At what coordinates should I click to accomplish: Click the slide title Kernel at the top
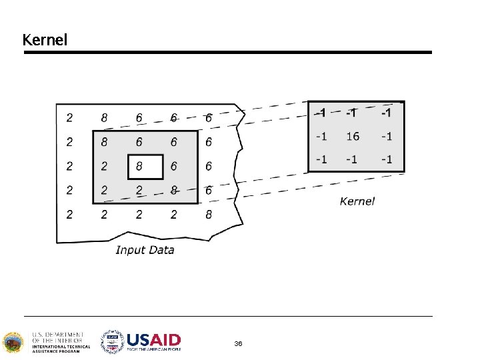tap(45, 40)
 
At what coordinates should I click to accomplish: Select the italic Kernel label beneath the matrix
tap(357, 201)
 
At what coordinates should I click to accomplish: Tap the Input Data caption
tap(145, 250)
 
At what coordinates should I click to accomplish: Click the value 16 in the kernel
tap(353, 136)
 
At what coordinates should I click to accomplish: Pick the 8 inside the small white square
tap(139, 166)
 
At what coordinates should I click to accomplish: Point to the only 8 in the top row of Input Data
tap(105, 118)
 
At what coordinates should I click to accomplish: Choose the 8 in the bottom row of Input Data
tap(209, 215)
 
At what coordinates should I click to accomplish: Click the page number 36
tap(238, 343)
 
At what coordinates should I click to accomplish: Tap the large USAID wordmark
tap(153, 339)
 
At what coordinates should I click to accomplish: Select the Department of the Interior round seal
tap(13, 343)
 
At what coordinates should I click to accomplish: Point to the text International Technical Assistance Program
tap(56, 349)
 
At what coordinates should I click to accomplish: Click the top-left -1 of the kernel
tap(321, 112)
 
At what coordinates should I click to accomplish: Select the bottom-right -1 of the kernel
tap(385, 160)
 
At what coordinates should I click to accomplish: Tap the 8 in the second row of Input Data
tap(105, 142)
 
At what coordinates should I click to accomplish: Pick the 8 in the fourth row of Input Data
tap(174, 191)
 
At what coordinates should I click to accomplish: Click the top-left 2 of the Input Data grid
tap(70, 118)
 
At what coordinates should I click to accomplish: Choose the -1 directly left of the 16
tap(321, 136)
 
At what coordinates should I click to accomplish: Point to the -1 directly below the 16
tap(353, 160)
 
